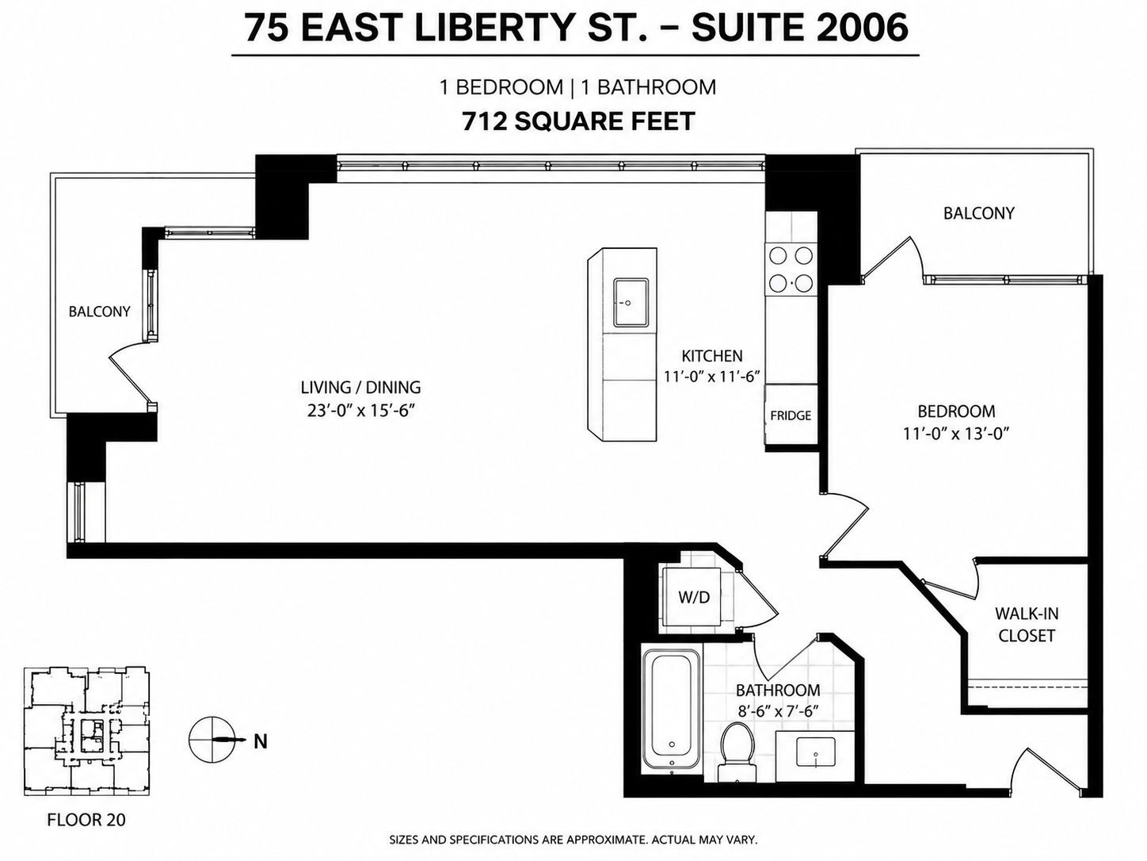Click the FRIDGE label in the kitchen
coord(791,415)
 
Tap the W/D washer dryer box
coord(693,596)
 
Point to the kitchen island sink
coord(631,303)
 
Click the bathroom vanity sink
coord(815,753)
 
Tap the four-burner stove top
coord(791,269)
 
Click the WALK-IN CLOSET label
coord(1027,624)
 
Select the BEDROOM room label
coord(956,411)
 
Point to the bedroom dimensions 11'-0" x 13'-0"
coord(955,434)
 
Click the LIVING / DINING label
coord(360,388)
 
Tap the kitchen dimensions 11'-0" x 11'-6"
coord(711,377)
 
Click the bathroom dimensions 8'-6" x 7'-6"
coord(778,711)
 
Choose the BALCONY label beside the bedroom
coord(979,213)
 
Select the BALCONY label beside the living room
coord(99,312)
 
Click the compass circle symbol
coord(211,740)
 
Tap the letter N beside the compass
coord(261,741)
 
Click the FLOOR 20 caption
coord(86,820)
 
